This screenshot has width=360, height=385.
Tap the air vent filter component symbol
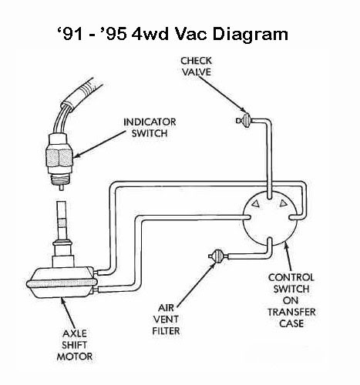(218, 256)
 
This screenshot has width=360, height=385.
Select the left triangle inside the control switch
(256, 203)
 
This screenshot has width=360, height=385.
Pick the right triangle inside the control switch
(283, 203)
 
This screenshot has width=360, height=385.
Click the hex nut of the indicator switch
(59, 158)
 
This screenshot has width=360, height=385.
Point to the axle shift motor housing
(62, 282)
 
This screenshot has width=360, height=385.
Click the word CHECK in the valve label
(196, 61)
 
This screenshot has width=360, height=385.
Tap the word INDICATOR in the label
(150, 122)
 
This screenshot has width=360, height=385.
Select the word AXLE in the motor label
(75, 333)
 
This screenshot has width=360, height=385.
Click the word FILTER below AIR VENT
(166, 331)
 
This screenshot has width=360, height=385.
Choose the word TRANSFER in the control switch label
(291, 312)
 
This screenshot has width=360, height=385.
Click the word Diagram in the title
(251, 34)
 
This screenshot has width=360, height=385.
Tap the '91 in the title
(70, 34)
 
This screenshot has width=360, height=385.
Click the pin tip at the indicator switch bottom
(62, 188)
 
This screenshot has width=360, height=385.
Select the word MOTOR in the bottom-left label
(75, 357)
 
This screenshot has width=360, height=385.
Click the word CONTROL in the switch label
(291, 277)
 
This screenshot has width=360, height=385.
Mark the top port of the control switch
(269, 196)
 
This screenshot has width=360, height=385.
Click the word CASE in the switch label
(291, 323)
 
